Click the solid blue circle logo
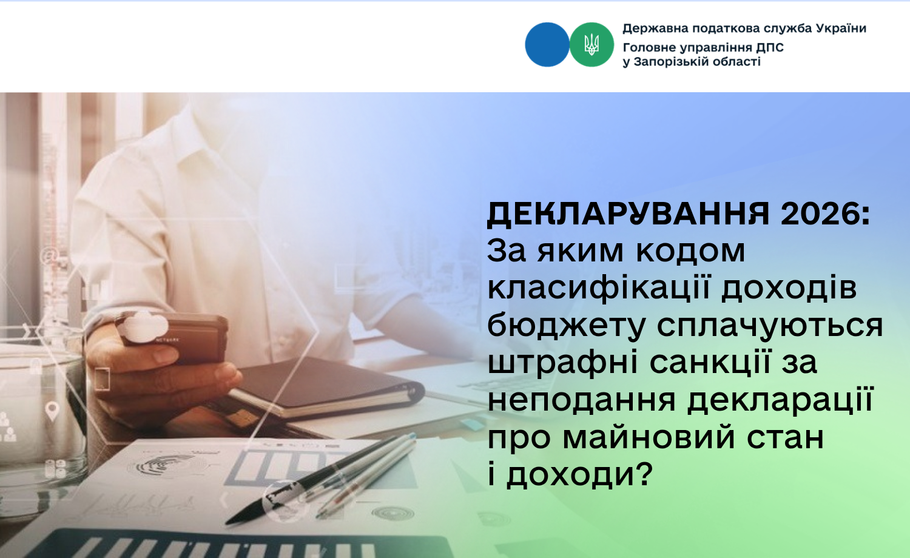547,44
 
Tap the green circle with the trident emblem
591,44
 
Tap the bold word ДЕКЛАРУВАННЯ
628,213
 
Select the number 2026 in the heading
820,213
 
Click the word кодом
690,251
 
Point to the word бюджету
567,326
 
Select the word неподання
581,400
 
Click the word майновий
649,438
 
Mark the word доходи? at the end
579,474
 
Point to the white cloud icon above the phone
144,326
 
